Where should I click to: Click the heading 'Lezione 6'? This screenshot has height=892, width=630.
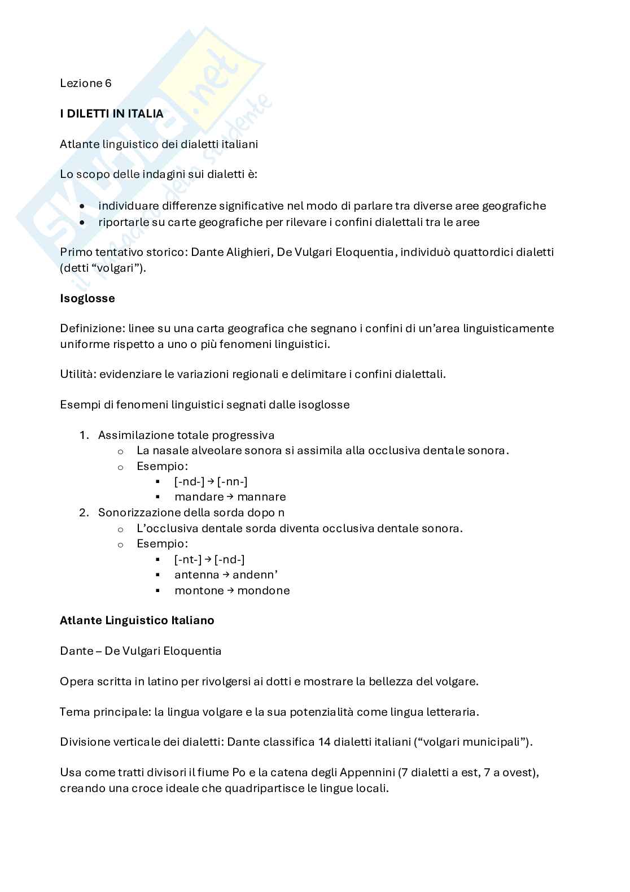pyautogui.click(x=86, y=83)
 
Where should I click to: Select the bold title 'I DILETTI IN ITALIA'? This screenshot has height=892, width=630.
pyautogui.click(x=112, y=114)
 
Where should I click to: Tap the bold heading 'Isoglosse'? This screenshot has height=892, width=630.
pyautogui.click(x=88, y=298)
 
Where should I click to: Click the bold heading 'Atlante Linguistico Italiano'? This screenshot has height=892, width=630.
pyautogui.click(x=137, y=620)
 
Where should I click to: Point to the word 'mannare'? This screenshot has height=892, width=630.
pyautogui.click(x=261, y=497)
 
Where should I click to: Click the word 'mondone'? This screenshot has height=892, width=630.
pyautogui.click(x=264, y=590)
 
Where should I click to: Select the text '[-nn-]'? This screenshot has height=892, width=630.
pyautogui.click(x=232, y=481)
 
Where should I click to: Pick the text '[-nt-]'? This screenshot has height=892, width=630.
pyautogui.click(x=188, y=559)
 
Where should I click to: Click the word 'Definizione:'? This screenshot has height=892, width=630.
pyautogui.click(x=93, y=328)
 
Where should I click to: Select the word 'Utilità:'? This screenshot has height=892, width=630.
pyautogui.click(x=78, y=374)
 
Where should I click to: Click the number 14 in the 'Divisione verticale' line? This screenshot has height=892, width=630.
pyautogui.click(x=325, y=742)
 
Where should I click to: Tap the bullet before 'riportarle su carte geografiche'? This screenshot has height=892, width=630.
pyautogui.click(x=83, y=223)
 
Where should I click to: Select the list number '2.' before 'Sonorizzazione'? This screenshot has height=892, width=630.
pyautogui.click(x=84, y=512)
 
